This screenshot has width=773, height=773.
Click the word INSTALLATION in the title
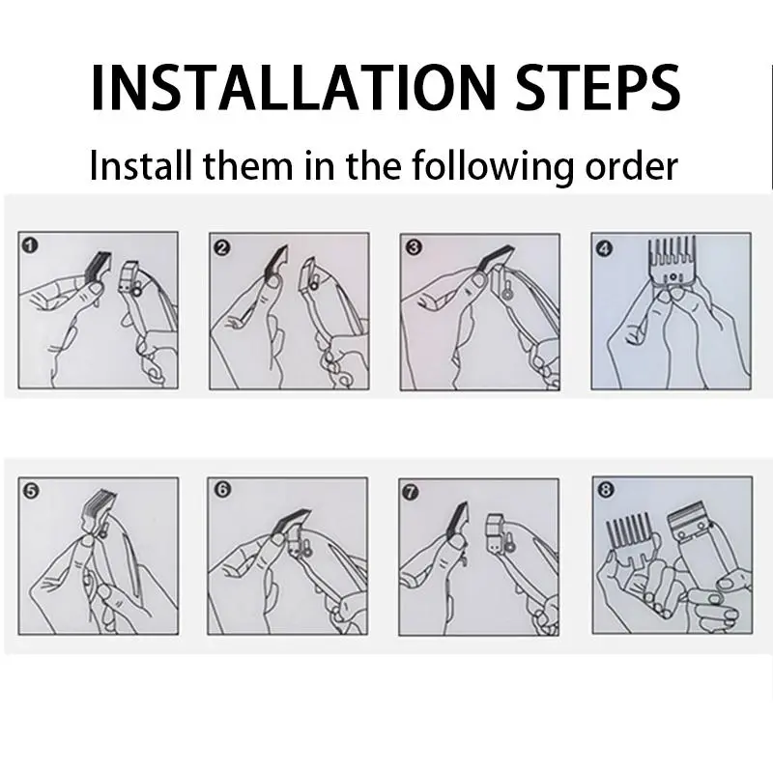[294, 88]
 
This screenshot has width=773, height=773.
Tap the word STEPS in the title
[598, 88]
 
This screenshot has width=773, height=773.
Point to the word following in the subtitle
[493, 167]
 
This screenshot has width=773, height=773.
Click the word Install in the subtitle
[140, 165]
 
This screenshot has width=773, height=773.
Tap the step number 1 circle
[30, 245]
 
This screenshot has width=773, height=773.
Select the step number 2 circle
[222, 247]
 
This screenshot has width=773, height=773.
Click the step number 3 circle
[414, 246]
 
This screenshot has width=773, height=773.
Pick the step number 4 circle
[604, 247]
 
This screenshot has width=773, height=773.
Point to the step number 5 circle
[31, 491]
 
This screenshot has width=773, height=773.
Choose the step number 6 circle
[222, 490]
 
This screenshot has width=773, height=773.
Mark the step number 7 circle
[411, 492]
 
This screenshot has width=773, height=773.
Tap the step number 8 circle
[605, 490]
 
